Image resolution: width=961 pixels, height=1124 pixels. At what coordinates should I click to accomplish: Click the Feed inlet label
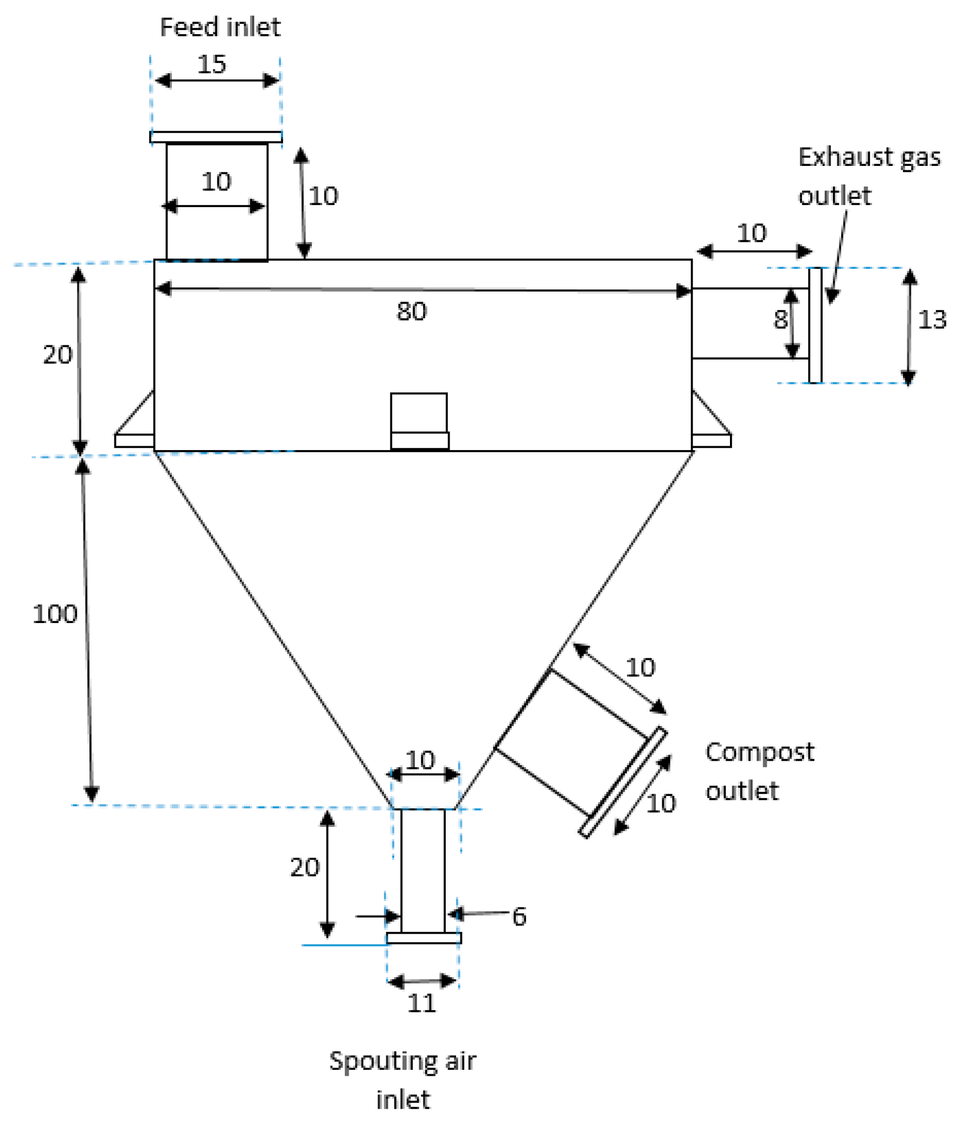point(220,27)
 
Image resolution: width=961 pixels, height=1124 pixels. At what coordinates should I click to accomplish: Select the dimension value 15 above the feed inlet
point(212,64)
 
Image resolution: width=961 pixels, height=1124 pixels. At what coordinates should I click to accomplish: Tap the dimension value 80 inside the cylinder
point(411,311)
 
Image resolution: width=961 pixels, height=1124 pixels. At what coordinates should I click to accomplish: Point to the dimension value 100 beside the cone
point(55,614)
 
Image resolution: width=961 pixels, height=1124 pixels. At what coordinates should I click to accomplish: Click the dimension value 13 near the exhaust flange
point(932,319)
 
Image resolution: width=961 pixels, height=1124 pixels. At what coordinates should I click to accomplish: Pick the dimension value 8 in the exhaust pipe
point(780,319)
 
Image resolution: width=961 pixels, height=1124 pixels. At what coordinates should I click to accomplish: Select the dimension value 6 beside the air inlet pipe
point(519,916)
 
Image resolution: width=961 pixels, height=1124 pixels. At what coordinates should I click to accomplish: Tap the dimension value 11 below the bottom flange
point(421,1003)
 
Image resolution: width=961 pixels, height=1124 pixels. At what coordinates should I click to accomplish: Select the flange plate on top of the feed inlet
point(216,137)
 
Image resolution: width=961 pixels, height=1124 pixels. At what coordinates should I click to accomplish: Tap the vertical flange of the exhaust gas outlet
point(815,325)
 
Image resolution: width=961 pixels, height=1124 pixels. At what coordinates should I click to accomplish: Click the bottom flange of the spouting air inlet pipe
point(424,938)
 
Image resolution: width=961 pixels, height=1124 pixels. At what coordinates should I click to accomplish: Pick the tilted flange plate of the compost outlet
point(623,782)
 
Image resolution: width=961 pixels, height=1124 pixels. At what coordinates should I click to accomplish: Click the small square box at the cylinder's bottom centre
point(419,420)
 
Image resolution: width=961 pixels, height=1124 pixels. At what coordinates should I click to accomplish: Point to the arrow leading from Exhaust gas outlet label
point(839,255)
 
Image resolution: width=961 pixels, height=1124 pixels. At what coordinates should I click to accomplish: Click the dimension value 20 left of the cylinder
point(57,355)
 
